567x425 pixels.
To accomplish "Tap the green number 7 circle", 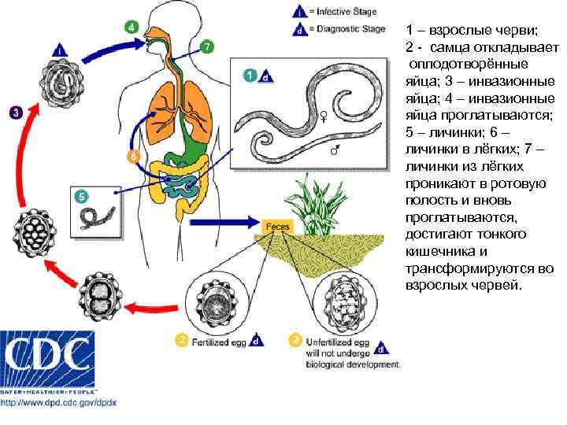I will (206, 46).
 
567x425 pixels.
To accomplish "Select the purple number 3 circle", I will (15, 113).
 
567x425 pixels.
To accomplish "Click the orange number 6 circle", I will (133, 156).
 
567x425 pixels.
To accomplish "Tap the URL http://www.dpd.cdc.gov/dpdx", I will (58, 402).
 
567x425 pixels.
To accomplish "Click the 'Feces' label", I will (277, 226).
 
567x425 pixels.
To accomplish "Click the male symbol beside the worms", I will (335, 150).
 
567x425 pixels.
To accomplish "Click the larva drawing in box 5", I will (99, 215).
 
